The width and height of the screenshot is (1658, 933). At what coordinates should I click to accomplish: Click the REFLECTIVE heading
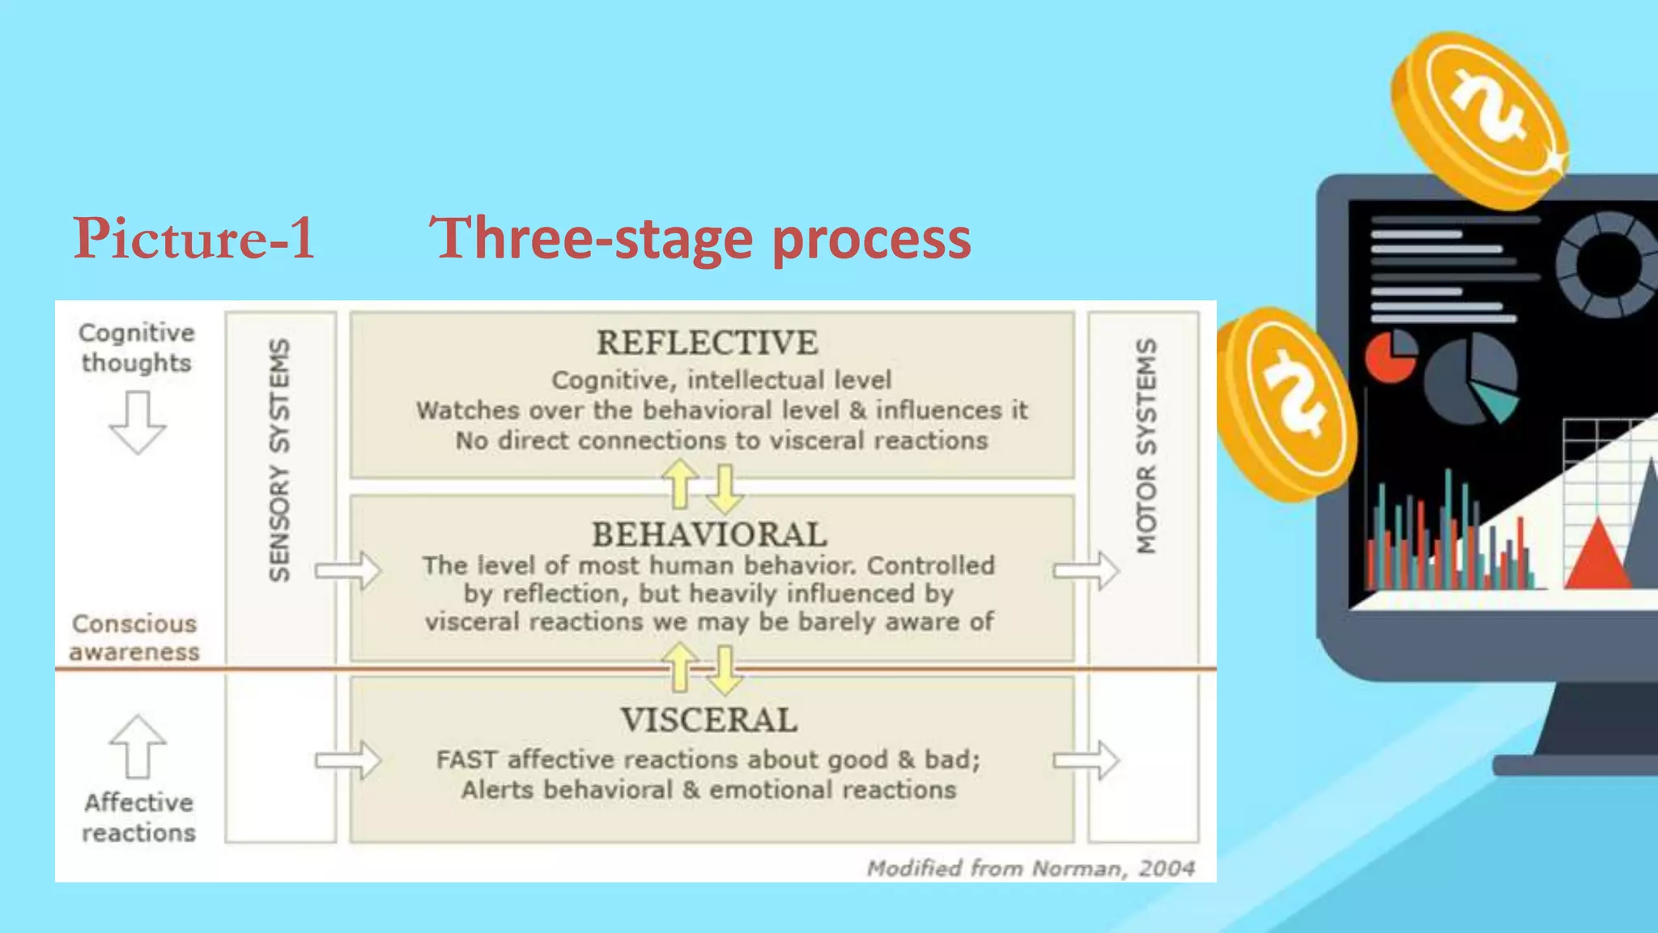[707, 343]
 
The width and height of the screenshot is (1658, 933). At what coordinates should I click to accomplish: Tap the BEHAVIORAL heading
[709, 535]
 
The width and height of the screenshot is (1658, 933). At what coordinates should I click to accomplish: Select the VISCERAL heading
[709, 720]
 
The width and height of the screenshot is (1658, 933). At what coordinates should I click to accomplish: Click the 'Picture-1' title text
[193, 238]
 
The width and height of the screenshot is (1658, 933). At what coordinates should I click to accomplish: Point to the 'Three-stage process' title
[699, 238]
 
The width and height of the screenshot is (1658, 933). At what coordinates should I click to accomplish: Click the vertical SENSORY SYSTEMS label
[279, 459]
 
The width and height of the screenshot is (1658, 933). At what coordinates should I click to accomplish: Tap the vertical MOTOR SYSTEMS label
[1146, 446]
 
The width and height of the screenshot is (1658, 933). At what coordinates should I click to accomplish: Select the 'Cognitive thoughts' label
[137, 347]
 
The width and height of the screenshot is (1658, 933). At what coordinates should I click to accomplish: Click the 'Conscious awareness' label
[134, 637]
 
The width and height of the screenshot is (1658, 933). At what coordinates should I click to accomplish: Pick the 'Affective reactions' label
[138, 817]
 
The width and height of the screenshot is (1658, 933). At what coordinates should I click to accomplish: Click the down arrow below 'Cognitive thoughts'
[138, 422]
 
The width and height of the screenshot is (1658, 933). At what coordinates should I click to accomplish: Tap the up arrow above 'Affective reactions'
[138, 746]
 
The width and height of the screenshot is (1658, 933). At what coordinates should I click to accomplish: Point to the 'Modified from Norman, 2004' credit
[1031, 868]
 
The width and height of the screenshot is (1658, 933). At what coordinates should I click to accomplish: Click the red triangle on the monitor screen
[1597, 556]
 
